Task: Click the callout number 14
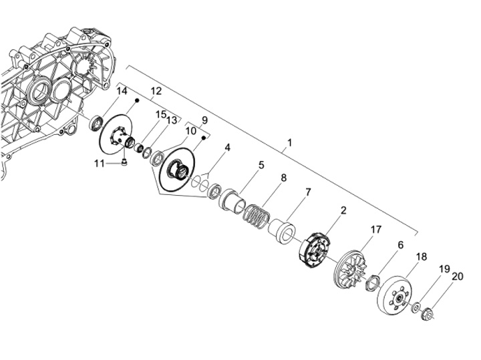coord(122,91)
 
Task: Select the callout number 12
coord(156,90)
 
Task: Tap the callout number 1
coord(289,143)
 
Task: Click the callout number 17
coord(376,229)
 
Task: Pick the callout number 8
coord(283,178)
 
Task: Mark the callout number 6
coord(400,245)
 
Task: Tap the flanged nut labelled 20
coord(428,311)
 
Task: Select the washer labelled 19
coord(416,307)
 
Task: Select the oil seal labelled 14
coord(98,122)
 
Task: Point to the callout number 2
coord(343,210)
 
